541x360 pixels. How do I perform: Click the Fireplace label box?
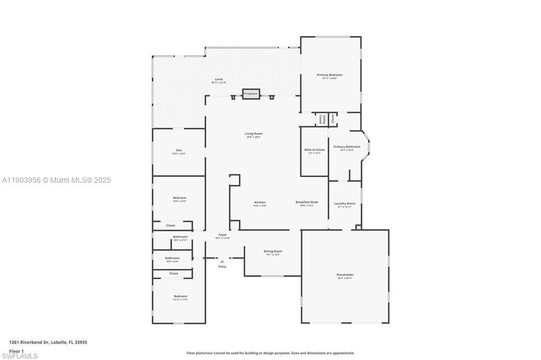[251, 94]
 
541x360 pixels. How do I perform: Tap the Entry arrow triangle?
[222, 261]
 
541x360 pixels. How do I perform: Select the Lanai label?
[218, 79]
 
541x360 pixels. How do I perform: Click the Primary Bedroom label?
[330, 75]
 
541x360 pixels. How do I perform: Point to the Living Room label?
[254, 134]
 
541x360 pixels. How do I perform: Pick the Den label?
[179, 150]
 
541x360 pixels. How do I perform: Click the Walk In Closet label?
[314, 150]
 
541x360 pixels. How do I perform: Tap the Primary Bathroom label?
[347, 147]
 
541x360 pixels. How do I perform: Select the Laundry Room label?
[344, 203]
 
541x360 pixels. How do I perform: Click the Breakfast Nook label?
[306, 202]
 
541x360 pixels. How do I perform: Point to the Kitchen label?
[260, 202]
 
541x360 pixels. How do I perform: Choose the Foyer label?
[223, 235]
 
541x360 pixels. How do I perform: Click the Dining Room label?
[273, 251]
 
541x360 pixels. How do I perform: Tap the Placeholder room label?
[345, 275]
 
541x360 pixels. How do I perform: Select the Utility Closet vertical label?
[321, 120]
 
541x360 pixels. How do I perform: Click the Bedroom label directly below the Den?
[180, 198]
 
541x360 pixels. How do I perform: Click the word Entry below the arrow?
[222, 267]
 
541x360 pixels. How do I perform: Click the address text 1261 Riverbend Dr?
[30, 342]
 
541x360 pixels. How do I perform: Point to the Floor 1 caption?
[16, 351]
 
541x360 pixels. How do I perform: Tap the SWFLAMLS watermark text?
[19, 356]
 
